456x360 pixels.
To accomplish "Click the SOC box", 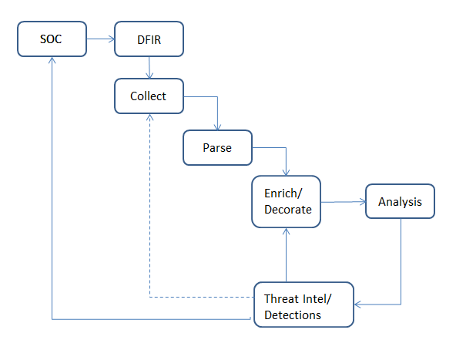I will click(x=52, y=39).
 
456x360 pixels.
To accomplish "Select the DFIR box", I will click(x=149, y=39).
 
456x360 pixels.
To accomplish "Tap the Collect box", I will click(x=148, y=97).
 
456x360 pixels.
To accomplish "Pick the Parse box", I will click(x=217, y=146).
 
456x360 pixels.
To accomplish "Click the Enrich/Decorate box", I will click(x=286, y=202).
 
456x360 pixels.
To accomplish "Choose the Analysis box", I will click(x=400, y=203).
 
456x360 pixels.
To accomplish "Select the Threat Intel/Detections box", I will click(x=303, y=305).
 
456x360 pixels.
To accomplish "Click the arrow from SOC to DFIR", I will click(x=99, y=39).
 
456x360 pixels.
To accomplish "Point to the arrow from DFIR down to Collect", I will click(x=149, y=68).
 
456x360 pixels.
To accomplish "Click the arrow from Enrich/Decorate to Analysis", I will click(x=342, y=203).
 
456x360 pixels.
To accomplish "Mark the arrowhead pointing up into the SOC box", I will click(x=52, y=61).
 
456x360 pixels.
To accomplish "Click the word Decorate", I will click(x=287, y=210).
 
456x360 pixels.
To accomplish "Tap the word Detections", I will click(x=293, y=315).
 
